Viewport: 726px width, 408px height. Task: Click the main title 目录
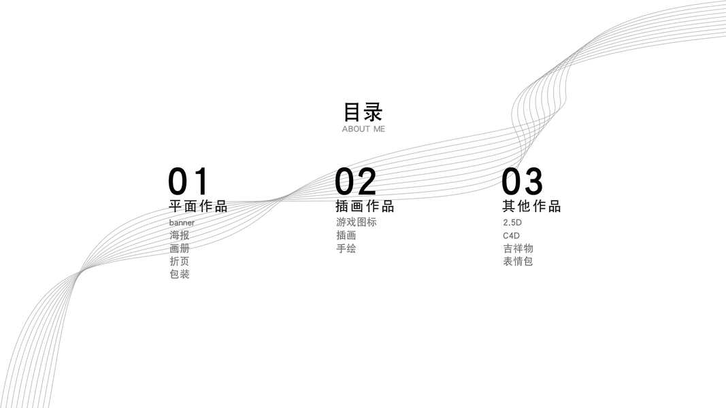(x=363, y=112)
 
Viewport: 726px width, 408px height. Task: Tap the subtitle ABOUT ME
(x=363, y=129)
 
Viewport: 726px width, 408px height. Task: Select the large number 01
(x=188, y=182)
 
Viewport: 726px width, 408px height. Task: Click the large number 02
(x=356, y=182)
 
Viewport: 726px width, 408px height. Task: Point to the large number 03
(x=523, y=182)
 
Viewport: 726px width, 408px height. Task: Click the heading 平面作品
(x=198, y=207)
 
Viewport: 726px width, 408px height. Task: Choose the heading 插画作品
(x=365, y=207)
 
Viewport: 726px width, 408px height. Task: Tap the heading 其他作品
(x=531, y=207)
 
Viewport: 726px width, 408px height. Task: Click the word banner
(x=182, y=223)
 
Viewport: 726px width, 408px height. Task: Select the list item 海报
(x=180, y=235)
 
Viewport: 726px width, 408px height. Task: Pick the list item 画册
(x=180, y=248)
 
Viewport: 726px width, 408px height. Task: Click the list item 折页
(x=180, y=261)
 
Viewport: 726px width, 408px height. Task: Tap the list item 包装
(x=180, y=274)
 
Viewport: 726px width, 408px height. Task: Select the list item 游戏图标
(x=356, y=222)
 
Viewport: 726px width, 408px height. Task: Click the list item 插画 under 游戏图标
(x=346, y=235)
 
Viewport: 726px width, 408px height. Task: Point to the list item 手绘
(x=346, y=248)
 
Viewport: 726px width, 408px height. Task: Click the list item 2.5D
(x=512, y=223)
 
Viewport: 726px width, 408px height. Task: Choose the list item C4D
(x=511, y=236)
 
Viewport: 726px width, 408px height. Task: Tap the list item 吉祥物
(x=518, y=248)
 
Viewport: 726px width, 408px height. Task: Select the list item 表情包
(x=518, y=261)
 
